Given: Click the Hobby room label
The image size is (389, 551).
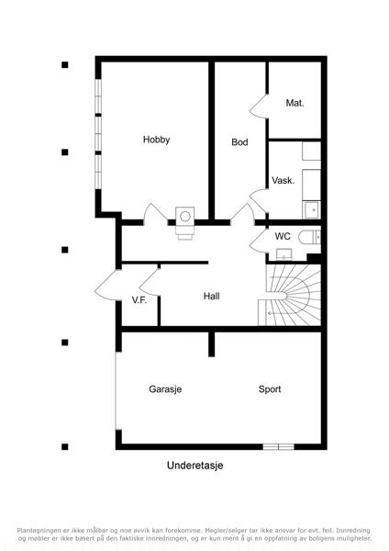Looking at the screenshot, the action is click(x=156, y=140).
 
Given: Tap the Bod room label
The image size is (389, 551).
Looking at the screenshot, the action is click(x=239, y=142).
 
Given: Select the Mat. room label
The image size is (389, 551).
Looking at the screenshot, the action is click(x=295, y=103).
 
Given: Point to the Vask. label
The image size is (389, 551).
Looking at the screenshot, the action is click(x=283, y=181).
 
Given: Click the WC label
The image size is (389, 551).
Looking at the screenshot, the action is click(x=283, y=236).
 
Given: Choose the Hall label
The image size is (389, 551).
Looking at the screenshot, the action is click(x=212, y=297).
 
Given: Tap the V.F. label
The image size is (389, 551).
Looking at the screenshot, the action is click(x=139, y=300).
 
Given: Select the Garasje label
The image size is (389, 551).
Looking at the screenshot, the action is click(x=165, y=389).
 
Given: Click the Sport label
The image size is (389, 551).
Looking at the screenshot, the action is click(x=270, y=389).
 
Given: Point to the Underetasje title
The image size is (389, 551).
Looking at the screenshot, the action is click(x=194, y=466).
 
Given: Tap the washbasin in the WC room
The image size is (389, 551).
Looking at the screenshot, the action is click(x=284, y=254).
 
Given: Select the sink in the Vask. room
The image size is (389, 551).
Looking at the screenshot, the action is click(x=311, y=210).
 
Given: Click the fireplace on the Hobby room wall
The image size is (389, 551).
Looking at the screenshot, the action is click(x=185, y=223).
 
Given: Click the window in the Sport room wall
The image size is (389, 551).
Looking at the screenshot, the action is click(x=278, y=446).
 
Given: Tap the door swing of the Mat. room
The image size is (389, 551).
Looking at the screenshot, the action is click(x=259, y=107).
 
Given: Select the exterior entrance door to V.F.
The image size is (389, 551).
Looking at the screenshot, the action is click(x=106, y=286).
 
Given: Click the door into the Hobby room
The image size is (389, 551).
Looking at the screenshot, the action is click(x=156, y=214).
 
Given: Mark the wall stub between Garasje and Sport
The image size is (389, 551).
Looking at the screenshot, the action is click(x=211, y=344).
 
